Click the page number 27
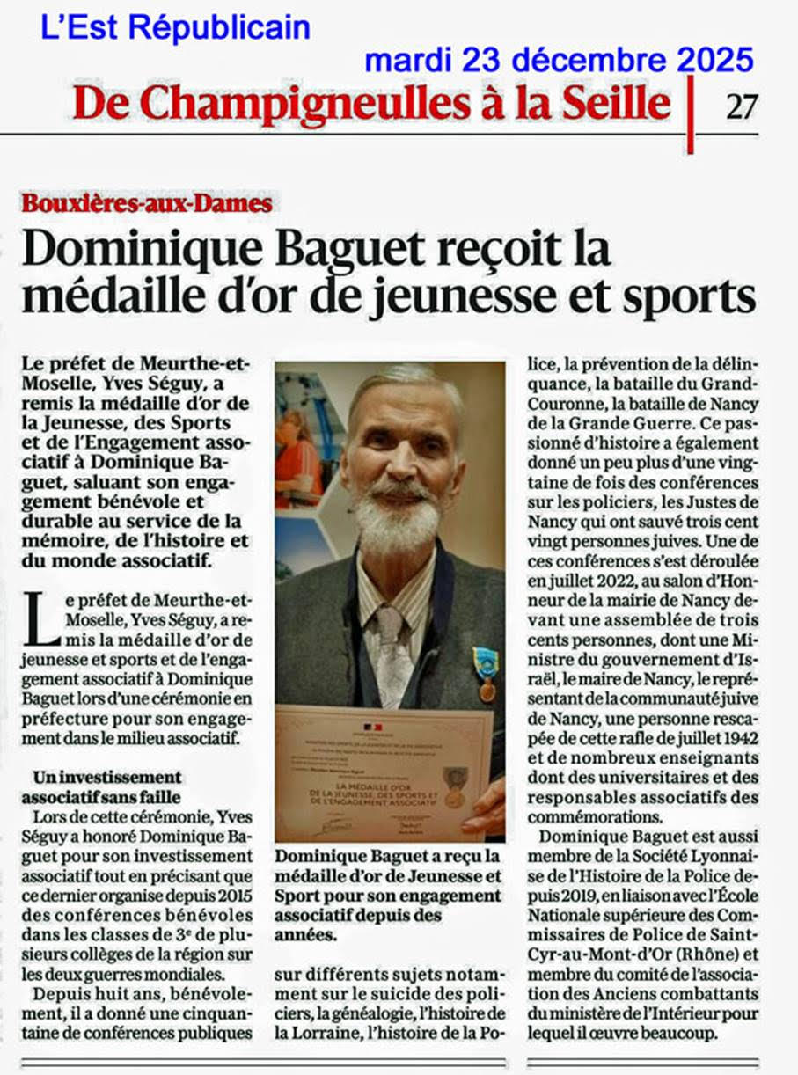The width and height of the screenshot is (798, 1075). tap(742, 106)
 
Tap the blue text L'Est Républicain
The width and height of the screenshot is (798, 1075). tap(175, 28)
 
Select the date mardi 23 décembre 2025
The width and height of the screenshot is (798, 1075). tap(559, 60)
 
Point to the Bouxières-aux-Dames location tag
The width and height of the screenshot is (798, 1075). tap(147, 204)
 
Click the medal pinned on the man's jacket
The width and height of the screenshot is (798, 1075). tap(485, 669)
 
